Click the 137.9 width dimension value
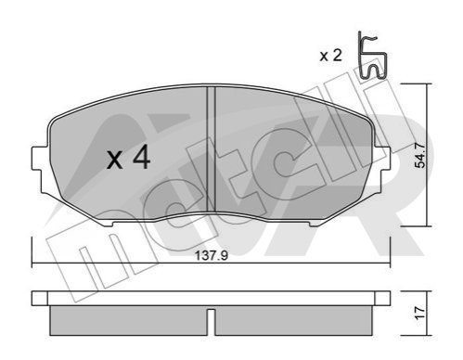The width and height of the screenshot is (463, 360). [212, 256]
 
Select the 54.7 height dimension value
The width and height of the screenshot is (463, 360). [419, 155]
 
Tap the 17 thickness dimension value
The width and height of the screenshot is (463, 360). [419, 313]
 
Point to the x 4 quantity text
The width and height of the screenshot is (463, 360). [129, 158]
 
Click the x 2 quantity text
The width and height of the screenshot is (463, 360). [330, 56]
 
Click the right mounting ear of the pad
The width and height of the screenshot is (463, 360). [382, 159]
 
